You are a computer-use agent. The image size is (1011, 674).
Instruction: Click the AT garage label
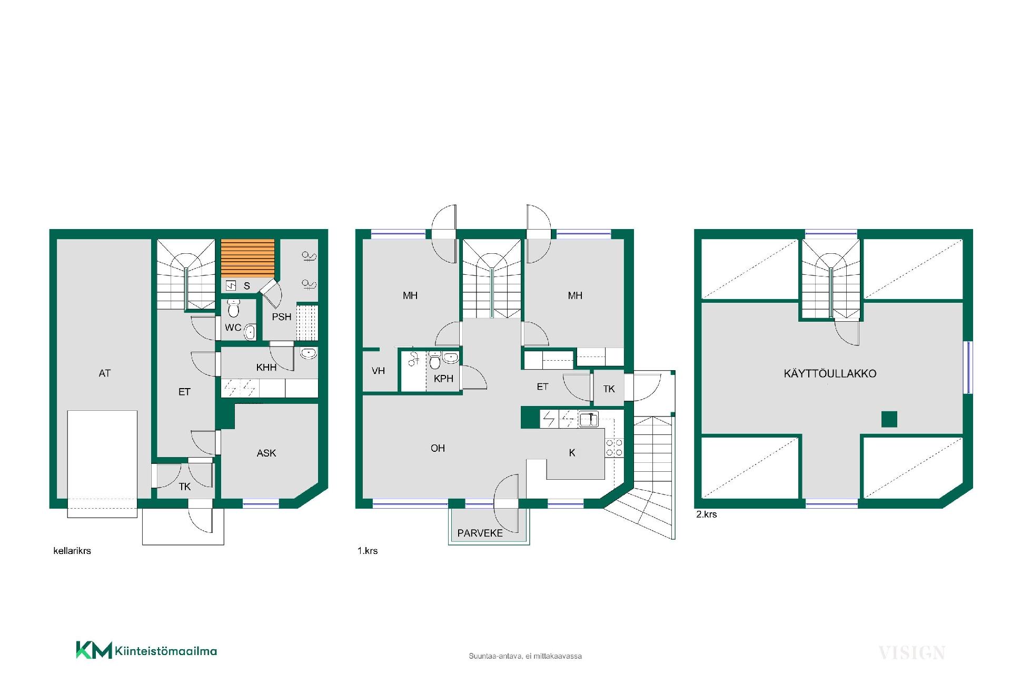click(105, 373)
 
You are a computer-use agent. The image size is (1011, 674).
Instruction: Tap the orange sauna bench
click(247, 258)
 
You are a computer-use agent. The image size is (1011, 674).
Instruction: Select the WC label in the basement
click(233, 328)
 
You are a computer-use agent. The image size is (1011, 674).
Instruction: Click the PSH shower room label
click(282, 317)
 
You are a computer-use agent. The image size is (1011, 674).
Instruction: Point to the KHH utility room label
click(266, 368)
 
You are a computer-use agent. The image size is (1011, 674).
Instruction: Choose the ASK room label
click(266, 453)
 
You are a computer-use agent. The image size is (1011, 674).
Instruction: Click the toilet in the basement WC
click(234, 308)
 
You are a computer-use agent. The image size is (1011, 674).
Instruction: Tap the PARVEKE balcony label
click(480, 533)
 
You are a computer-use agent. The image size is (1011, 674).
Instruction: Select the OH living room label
click(438, 448)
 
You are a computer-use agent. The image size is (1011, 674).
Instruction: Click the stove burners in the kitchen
click(614, 448)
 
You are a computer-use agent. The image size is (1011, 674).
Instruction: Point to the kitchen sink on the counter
click(589, 419)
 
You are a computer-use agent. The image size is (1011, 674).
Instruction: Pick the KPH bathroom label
click(444, 379)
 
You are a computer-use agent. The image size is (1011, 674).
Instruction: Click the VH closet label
click(378, 371)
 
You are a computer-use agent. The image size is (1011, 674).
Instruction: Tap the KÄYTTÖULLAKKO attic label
click(830, 373)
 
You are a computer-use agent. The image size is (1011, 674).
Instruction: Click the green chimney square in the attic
click(889, 419)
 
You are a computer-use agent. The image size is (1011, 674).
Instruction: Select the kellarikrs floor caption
click(72, 551)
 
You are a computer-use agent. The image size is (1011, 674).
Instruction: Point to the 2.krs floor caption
click(707, 514)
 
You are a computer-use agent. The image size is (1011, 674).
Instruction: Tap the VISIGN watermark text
click(912, 653)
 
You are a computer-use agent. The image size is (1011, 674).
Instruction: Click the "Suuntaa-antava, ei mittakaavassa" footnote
click(526, 656)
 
